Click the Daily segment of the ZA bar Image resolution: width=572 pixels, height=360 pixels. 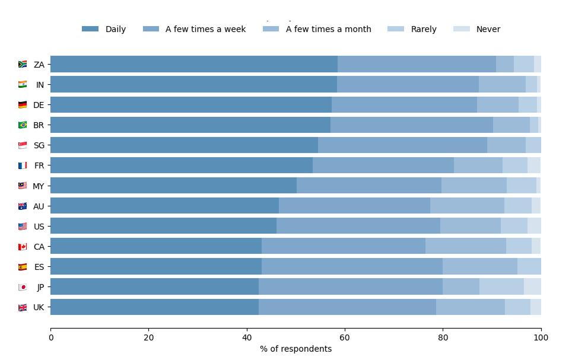[194, 64]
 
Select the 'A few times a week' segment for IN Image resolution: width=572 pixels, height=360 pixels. [408, 84]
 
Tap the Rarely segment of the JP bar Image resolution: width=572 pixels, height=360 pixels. [501, 286]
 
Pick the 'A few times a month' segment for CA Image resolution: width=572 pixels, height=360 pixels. [466, 246]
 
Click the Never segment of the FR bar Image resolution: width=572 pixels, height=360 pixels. [534, 165]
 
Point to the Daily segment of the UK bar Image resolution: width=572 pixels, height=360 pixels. [154, 307]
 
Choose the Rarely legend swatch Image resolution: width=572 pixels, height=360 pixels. [396, 29]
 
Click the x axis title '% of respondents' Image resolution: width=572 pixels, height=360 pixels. [295, 349]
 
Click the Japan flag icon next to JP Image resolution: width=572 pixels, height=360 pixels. [23, 287]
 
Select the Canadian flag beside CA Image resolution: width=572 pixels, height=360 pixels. [23, 247]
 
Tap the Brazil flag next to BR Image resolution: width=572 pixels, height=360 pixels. [23, 125]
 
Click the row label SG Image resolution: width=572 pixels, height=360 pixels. [39, 145]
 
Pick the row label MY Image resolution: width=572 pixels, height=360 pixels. [39, 186]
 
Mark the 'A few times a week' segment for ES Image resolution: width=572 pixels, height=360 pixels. [352, 266]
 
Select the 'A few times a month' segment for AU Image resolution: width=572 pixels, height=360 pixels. [467, 206]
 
